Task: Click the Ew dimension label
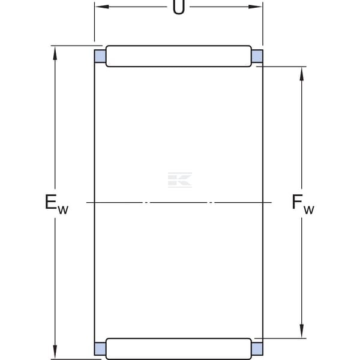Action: point(56,204)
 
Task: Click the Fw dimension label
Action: point(303,204)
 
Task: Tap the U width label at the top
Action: point(179,7)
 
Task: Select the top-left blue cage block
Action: point(100,56)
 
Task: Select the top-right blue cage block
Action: point(257,56)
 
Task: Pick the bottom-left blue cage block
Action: point(100,349)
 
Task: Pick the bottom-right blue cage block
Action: point(257,349)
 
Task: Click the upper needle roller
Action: point(179,56)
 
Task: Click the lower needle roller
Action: point(179,349)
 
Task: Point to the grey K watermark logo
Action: point(180,180)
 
